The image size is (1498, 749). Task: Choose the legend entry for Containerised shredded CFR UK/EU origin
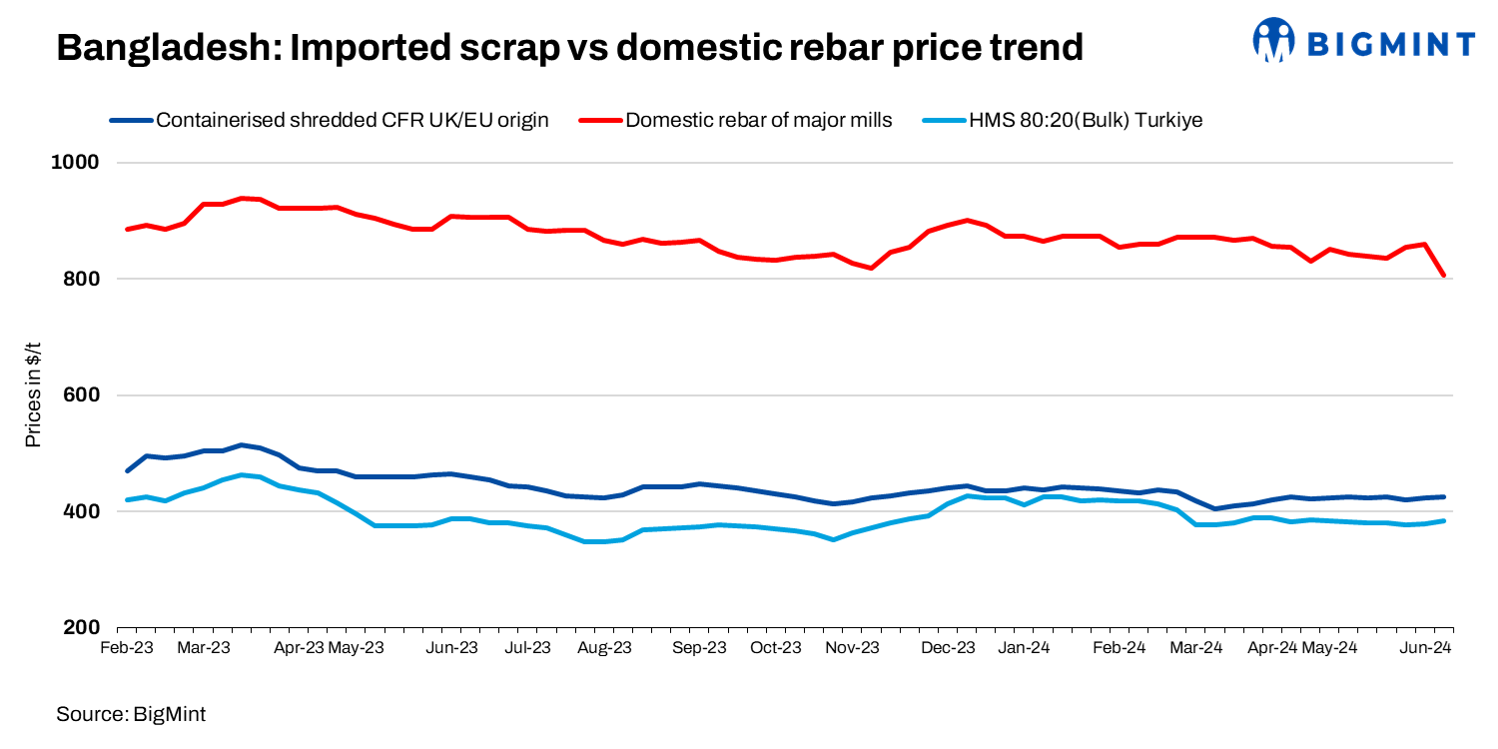353,121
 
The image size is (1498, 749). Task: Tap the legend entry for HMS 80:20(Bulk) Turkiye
1085,121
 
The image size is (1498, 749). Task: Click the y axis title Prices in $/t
33,395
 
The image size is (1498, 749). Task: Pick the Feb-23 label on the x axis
127,647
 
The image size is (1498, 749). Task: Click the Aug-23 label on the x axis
605,647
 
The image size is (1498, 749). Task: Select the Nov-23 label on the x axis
853,647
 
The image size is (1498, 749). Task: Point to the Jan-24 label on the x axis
1024,647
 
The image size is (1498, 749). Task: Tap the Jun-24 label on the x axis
1425,647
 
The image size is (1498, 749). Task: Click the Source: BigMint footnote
131,714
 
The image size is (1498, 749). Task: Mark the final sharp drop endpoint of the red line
1443,276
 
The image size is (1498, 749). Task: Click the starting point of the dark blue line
127,470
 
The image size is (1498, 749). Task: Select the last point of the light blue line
1444,520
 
